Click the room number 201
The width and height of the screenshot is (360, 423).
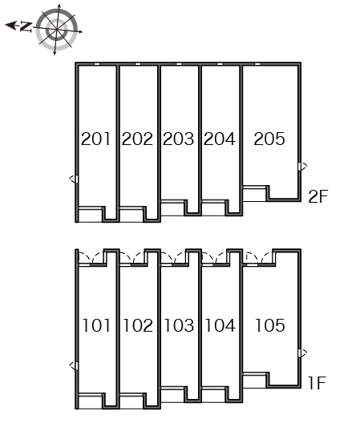(x=95, y=139)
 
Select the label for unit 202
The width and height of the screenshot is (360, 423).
(x=137, y=139)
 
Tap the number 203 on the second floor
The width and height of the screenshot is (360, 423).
(x=178, y=139)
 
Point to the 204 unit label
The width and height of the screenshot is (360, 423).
(x=220, y=139)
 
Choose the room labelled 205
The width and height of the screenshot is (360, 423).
(x=269, y=139)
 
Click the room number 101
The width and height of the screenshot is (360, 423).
(x=96, y=325)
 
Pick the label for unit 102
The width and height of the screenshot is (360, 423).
(x=138, y=325)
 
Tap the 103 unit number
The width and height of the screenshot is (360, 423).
(x=179, y=325)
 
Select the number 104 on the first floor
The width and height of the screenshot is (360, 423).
(x=220, y=325)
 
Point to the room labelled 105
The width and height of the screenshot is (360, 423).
(x=270, y=325)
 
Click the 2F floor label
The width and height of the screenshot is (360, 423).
(x=318, y=196)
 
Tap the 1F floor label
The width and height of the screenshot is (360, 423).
(x=317, y=383)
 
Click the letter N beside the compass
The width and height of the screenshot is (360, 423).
(x=26, y=27)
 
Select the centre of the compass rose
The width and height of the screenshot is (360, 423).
(x=57, y=30)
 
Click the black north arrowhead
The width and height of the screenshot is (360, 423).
(x=10, y=26)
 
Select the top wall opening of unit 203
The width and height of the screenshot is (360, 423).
(x=179, y=64)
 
